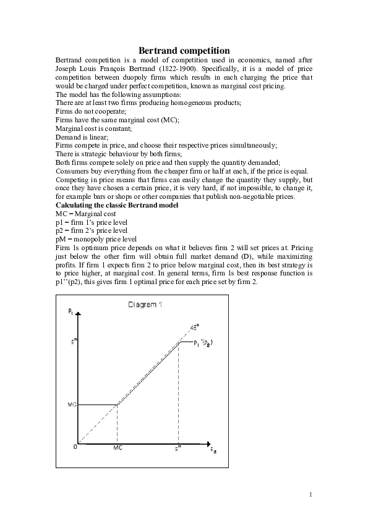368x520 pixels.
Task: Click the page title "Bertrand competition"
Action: [x=184, y=50]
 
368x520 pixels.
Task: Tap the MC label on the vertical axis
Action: [x=72, y=405]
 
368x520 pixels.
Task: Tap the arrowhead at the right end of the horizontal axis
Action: [x=208, y=445]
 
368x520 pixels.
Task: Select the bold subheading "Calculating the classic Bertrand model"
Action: [x=117, y=205]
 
